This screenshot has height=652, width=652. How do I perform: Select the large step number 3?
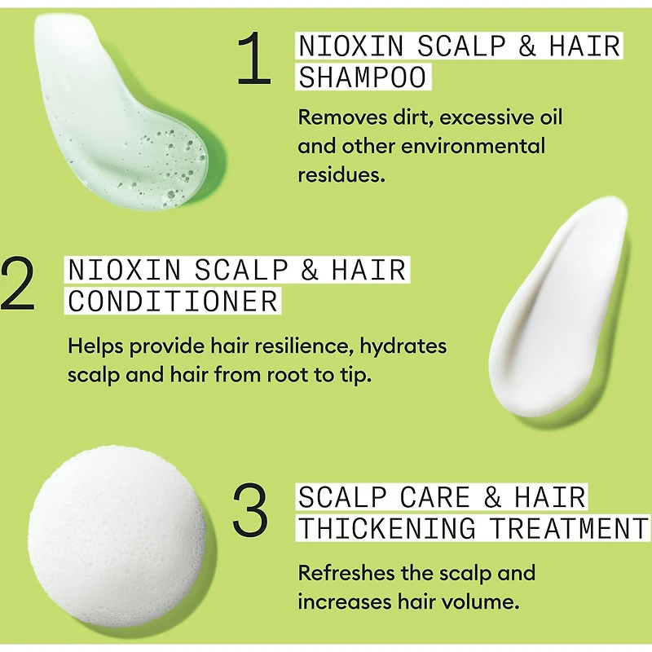coord(250,510)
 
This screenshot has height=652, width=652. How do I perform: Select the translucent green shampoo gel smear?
coord(122,114)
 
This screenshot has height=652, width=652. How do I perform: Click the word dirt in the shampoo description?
coord(415,117)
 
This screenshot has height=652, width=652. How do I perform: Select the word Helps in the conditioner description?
coord(94,346)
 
